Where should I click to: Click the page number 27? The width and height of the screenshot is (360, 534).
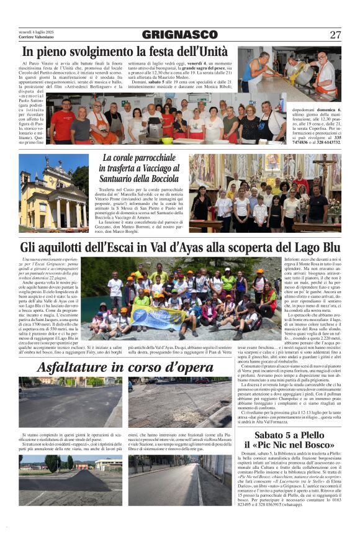335,35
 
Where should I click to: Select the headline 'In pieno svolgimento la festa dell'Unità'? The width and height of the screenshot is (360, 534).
124,53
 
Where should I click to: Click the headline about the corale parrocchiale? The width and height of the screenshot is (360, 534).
140,169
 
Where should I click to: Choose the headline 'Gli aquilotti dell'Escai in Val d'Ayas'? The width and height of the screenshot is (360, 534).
180,247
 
